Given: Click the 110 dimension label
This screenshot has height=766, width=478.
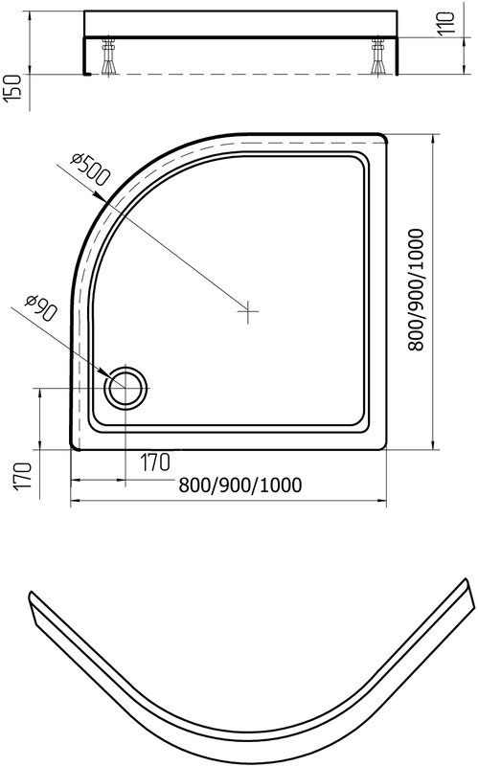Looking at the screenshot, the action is pos(446,22).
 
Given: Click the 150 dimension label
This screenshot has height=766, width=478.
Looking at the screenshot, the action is pos(12,88).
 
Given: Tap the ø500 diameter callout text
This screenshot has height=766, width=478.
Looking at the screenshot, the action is pos(90,169).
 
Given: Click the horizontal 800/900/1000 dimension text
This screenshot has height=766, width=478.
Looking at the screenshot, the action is pos(240,485).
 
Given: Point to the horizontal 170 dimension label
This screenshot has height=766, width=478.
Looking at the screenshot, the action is pos(155,462).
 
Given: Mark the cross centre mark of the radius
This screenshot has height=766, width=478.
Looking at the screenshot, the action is pos(248,311).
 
